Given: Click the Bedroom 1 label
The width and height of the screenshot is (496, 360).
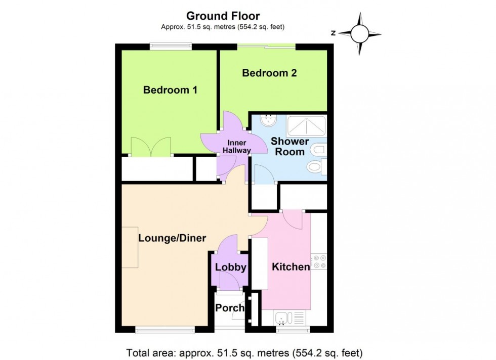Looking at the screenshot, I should pyautogui.click(x=170, y=90).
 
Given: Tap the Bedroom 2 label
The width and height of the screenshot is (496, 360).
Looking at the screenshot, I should pyautogui.click(x=269, y=73).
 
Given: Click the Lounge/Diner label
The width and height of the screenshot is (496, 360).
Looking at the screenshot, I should pyautogui.click(x=172, y=238).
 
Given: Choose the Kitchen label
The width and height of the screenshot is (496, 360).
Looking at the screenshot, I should pyautogui.click(x=291, y=267).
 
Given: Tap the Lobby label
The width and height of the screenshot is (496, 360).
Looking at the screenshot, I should pyautogui.click(x=231, y=267).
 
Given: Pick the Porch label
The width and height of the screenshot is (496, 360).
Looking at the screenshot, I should pyautogui.click(x=230, y=308).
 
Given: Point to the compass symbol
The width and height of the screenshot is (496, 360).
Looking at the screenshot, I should pyautogui.click(x=359, y=34).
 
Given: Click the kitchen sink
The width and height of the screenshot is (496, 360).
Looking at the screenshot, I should pyautogui.click(x=282, y=319).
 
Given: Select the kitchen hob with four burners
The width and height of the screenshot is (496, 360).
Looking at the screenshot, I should pyautogui.click(x=319, y=261).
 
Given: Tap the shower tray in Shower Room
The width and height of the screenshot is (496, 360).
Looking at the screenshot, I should pyautogui.click(x=306, y=126).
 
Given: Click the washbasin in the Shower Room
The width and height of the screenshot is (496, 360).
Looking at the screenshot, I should pyautogui.click(x=267, y=121).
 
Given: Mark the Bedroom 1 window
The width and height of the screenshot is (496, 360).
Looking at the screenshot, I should pyautogui.click(x=170, y=47).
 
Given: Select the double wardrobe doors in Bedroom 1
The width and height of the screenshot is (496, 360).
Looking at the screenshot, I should pyautogui.click(x=150, y=147).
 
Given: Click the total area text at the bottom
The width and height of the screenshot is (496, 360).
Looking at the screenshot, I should pyautogui.click(x=244, y=352).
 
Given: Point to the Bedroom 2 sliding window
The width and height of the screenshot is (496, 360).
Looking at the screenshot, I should pyautogui.click(x=267, y=47).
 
